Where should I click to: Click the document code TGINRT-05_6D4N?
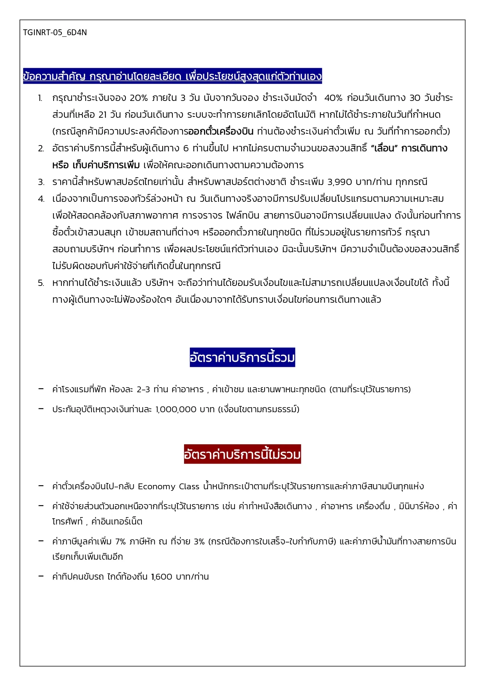[x=55, y=32]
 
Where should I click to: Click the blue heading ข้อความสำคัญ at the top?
[x=172, y=76]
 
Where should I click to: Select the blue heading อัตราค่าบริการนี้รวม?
[x=242, y=357]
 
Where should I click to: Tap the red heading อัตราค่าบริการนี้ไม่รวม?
[x=242, y=454]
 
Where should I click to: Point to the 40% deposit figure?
[x=333, y=98]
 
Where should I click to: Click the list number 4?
[x=41, y=199]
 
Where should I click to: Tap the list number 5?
[x=41, y=283]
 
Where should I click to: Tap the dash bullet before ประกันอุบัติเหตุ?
[x=41, y=409]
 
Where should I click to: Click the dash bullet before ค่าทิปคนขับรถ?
[x=41, y=576]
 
